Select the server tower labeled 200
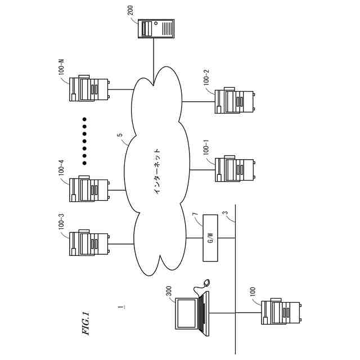156,28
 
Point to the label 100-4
61,169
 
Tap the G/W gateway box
210,237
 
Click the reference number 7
195,215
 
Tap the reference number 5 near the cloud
119,136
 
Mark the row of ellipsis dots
84,141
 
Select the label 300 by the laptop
168,291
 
